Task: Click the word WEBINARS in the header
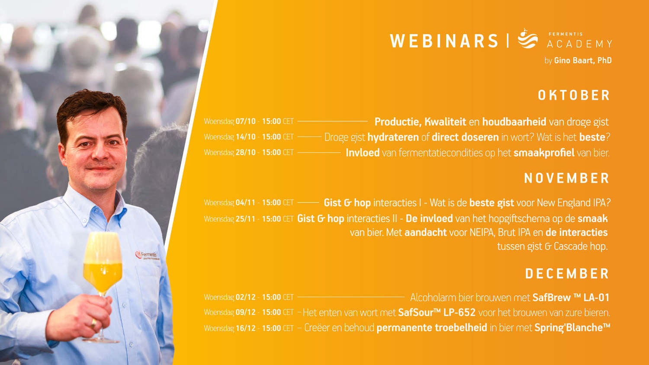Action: pyautogui.click(x=444, y=41)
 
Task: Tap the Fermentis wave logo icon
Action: pyautogui.click(x=528, y=38)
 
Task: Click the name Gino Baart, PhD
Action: pyautogui.click(x=583, y=61)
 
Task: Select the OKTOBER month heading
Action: pyautogui.click(x=574, y=95)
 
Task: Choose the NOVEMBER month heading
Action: pyautogui.click(x=567, y=178)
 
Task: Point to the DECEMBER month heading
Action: pyautogui.click(x=567, y=274)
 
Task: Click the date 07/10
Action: pyautogui.click(x=245, y=121)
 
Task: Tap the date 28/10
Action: pyautogui.click(x=245, y=152)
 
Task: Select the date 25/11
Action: pyautogui.click(x=245, y=219)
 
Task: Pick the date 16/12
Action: pyautogui.click(x=245, y=328)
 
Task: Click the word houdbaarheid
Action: pyautogui.click(x=514, y=122)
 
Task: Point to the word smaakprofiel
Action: pyautogui.click(x=544, y=153)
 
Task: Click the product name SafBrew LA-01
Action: pyautogui.click(x=571, y=298)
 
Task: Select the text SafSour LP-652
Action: pyautogui.click(x=437, y=313)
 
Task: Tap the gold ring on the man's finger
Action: pyautogui.click(x=93, y=323)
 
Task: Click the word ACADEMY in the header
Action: pyautogui.click(x=579, y=44)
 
